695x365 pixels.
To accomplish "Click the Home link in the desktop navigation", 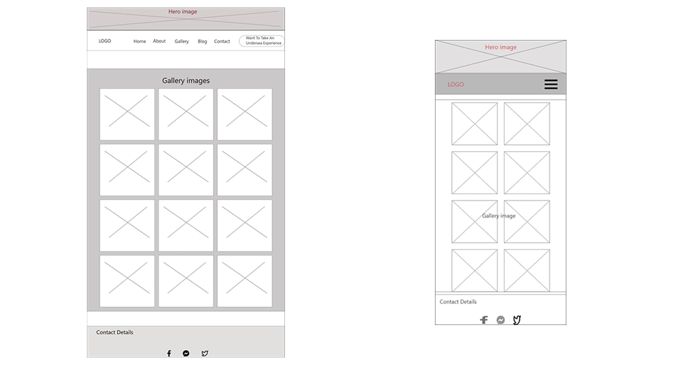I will [x=140, y=41].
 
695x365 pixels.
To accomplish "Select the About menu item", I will [x=159, y=41].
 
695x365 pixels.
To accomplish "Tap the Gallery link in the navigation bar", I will [x=182, y=41].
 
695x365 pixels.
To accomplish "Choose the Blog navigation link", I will [x=202, y=41].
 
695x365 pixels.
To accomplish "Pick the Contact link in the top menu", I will [x=222, y=41].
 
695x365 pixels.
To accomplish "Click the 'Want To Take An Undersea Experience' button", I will [x=262, y=41].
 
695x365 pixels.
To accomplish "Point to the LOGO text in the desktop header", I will [x=105, y=41].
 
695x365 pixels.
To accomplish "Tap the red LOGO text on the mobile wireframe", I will [x=456, y=84].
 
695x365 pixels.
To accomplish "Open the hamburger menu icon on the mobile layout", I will [x=551, y=84].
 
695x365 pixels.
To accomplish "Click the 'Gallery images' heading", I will [x=186, y=81].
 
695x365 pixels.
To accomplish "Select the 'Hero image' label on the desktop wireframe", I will [x=183, y=12].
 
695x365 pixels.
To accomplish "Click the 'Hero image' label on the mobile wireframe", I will [x=501, y=47].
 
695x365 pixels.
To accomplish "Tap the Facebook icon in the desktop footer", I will [x=169, y=353].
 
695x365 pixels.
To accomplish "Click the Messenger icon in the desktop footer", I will [x=186, y=353].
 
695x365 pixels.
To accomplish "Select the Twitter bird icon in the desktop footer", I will [x=205, y=353].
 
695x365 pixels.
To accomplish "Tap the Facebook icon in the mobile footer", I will [x=484, y=320].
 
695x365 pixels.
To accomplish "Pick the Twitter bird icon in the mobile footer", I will [x=517, y=320].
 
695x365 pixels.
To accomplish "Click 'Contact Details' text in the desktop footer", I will [x=115, y=332].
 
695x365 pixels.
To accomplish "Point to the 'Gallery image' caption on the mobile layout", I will [x=499, y=216].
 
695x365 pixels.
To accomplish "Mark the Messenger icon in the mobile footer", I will [x=501, y=320].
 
